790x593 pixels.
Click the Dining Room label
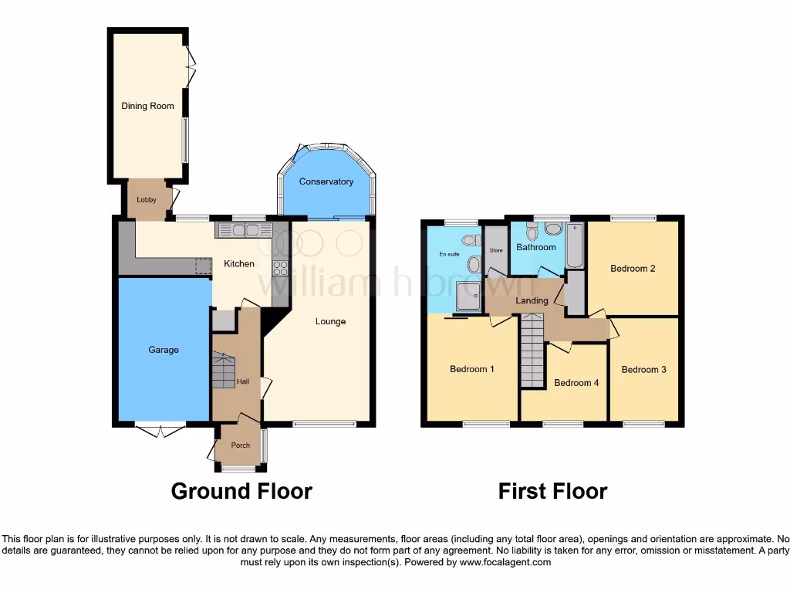(x=147, y=106)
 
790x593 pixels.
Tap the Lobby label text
(x=147, y=200)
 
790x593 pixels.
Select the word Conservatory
(x=326, y=182)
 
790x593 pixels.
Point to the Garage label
(x=164, y=350)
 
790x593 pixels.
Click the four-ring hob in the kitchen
(x=279, y=269)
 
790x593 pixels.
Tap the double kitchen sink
(x=245, y=229)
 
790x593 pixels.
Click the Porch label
(x=239, y=446)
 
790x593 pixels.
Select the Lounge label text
(x=330, y=321)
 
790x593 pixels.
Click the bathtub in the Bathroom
(x=575, y=246)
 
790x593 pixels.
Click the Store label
(x=495, y=251)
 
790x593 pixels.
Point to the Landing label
(x=532, y=300)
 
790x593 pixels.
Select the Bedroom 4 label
(x=576, y=383)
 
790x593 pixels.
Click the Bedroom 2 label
(x=633, y=269)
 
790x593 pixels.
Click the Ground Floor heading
(x=241, y=491)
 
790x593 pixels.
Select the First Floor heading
(x=552, y=491)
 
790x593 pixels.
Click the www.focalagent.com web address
(x=505, y=563)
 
